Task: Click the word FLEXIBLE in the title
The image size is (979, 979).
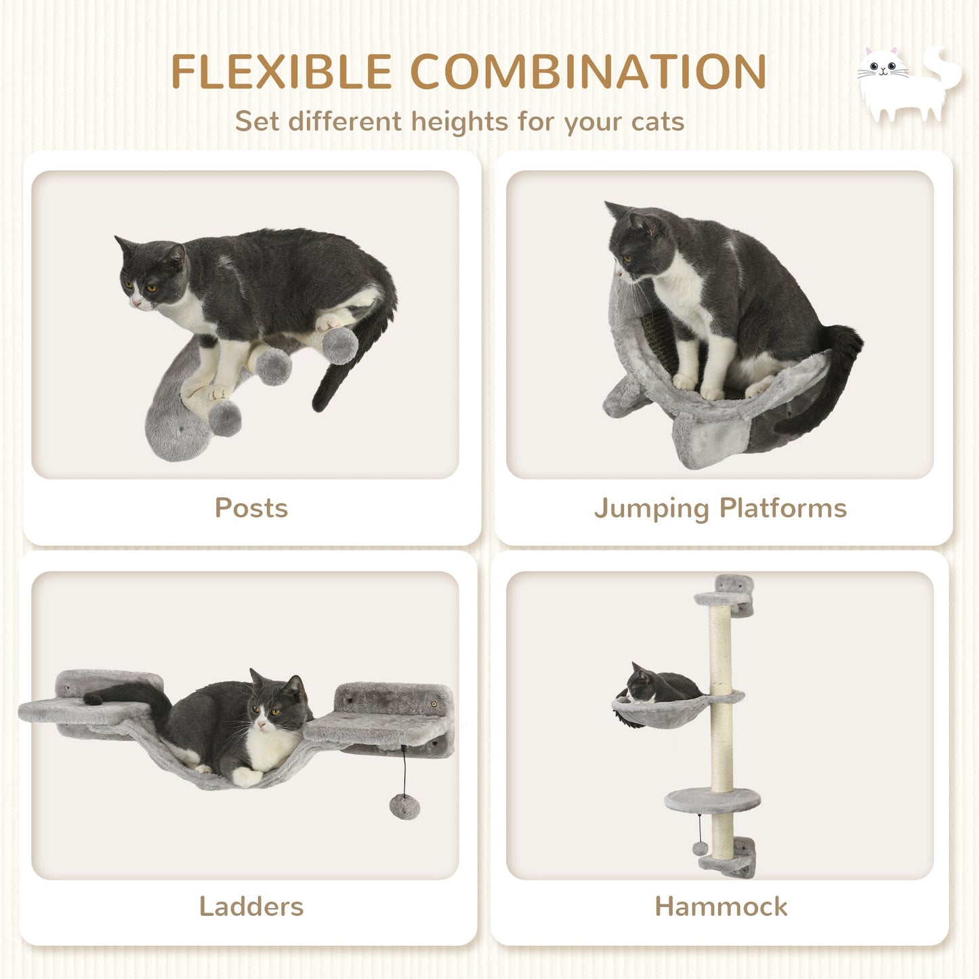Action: click(281, 71)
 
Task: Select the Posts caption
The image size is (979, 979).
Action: click(251, 508)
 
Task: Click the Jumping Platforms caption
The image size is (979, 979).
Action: click(720, 508)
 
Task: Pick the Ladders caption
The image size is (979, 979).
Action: click(251, 907)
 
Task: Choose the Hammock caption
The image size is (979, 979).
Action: click(721, 907)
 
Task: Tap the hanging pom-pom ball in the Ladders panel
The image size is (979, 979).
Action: click(404, 806)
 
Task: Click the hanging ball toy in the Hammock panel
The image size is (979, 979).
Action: click(700, 848)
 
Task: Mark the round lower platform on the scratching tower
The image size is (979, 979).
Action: click(711, 800)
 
